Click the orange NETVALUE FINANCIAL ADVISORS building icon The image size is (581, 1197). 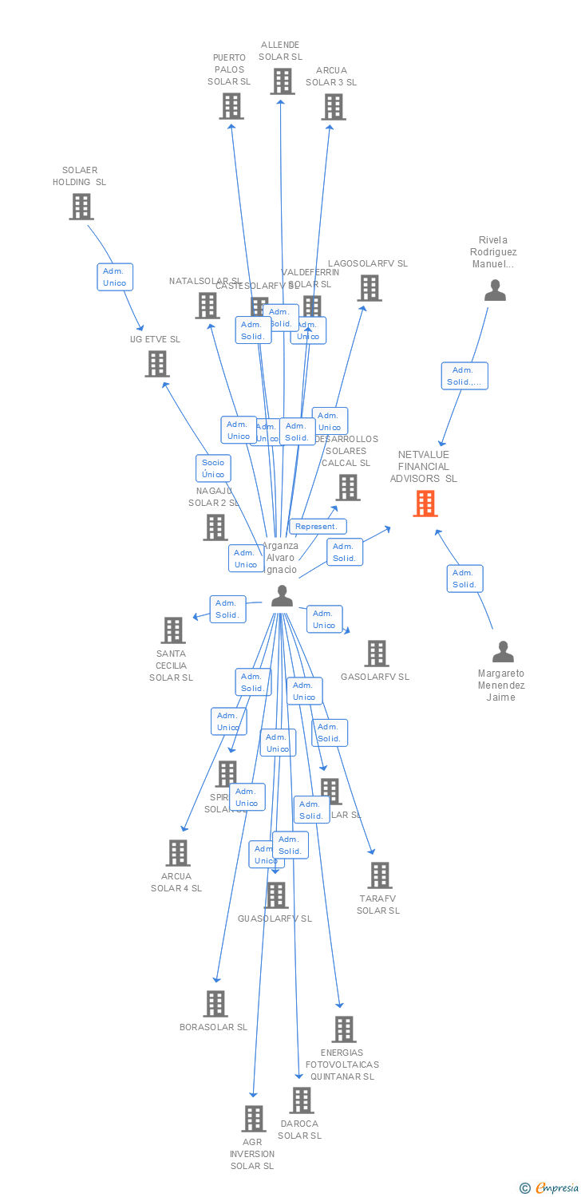[x=425, y=504]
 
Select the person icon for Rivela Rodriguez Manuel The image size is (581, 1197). [x=496, y=290]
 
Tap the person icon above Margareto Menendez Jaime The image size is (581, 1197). [x=503, y=652]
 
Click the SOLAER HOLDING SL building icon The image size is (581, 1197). [x=81, y=207]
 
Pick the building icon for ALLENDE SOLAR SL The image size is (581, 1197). [x=282, y=81]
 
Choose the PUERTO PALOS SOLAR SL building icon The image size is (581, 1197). [x=231, y=106]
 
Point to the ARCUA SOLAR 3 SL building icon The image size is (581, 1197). [x=333, y=106]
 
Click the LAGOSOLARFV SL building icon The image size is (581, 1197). [x=369, y=288]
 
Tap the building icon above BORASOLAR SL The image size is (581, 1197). [x=215, y=1003]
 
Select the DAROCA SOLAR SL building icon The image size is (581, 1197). [x=301, y=1100]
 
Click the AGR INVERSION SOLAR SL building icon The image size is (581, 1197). [x=253, y=1119]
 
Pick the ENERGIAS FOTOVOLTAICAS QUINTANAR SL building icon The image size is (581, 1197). [x=343, y=1029]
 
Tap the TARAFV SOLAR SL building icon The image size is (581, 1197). [x=380, y=875]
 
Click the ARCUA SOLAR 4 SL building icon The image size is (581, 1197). [x=178, y=853]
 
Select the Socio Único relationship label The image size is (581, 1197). [x=213, y=468]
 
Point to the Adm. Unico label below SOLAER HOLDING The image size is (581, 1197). [x=115, y=277]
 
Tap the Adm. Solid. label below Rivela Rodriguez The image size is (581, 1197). [x=464, y=376]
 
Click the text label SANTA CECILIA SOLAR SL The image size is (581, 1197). [x=171, y=666]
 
